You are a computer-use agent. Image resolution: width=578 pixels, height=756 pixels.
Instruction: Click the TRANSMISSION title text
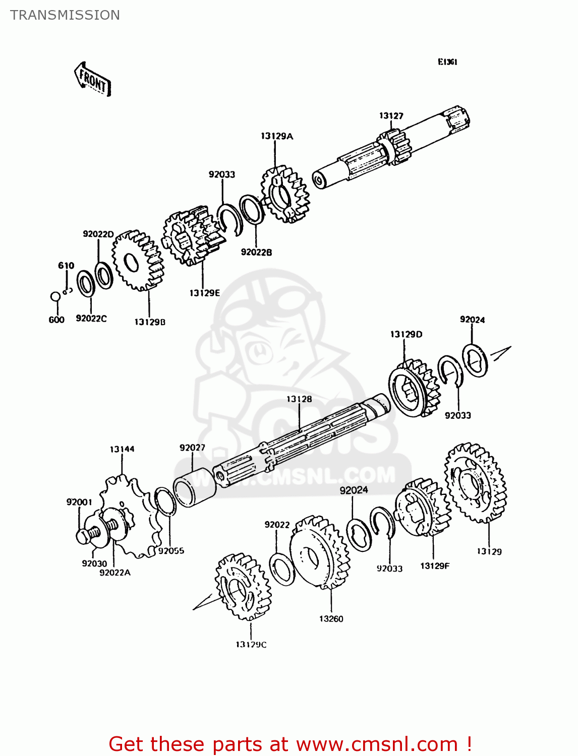[x=65, y=15]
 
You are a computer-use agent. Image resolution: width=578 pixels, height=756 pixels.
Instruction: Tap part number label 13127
[x=391, y=116]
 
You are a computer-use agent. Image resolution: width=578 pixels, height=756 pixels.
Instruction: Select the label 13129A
[x=277, y=136]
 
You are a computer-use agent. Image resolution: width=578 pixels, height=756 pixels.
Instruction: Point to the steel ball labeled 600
[x=55, y=296]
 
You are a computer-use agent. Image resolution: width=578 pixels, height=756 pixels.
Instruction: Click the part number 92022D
[x=98, y=234]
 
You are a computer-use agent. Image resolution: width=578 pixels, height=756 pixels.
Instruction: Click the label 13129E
[x=204, y=293]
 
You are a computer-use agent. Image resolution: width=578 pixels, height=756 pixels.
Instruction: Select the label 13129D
[x=406, y=334]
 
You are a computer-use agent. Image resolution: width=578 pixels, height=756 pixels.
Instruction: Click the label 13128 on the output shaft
[x=299, y=399]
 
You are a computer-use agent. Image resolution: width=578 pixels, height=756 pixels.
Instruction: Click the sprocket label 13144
[x=122, y=449]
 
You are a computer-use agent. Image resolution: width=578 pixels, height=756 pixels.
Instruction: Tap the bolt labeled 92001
[x=82, y=535]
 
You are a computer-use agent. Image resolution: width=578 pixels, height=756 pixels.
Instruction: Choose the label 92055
[x=171, y=551]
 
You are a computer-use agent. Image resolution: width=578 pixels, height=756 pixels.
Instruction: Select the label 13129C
[x=251, y=645]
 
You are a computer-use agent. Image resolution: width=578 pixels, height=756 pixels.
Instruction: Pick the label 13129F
[x=434, y=566]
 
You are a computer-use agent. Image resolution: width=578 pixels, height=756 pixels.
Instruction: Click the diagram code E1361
[x=447, y=62]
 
